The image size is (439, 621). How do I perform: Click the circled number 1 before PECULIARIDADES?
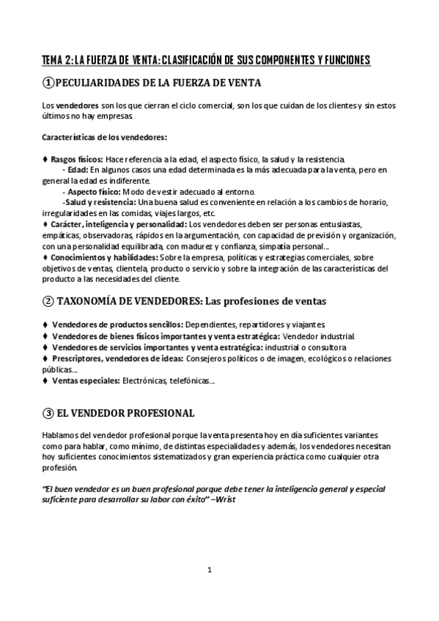tap(49, 83)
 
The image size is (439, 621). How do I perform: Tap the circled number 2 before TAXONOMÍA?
tap(48, 301)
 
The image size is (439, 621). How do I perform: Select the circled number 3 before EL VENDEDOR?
tap(48, 413)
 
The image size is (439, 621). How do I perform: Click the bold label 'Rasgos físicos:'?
tap(77, 159)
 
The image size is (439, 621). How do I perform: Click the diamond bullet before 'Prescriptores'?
tap(46, 359)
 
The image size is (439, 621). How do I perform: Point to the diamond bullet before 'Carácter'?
tap(46, 224)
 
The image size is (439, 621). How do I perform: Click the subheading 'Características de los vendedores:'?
tap(104, 137)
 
